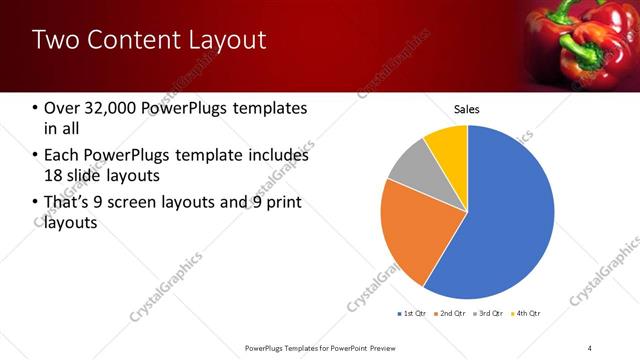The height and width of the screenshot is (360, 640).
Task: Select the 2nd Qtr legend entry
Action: (450, 314)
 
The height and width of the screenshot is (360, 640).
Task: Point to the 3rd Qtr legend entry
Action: (489, 314)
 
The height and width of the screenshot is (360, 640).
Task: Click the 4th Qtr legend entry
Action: (527, 314)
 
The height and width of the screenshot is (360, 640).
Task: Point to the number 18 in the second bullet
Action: (56, 175)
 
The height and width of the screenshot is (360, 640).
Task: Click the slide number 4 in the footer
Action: (591, 348)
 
